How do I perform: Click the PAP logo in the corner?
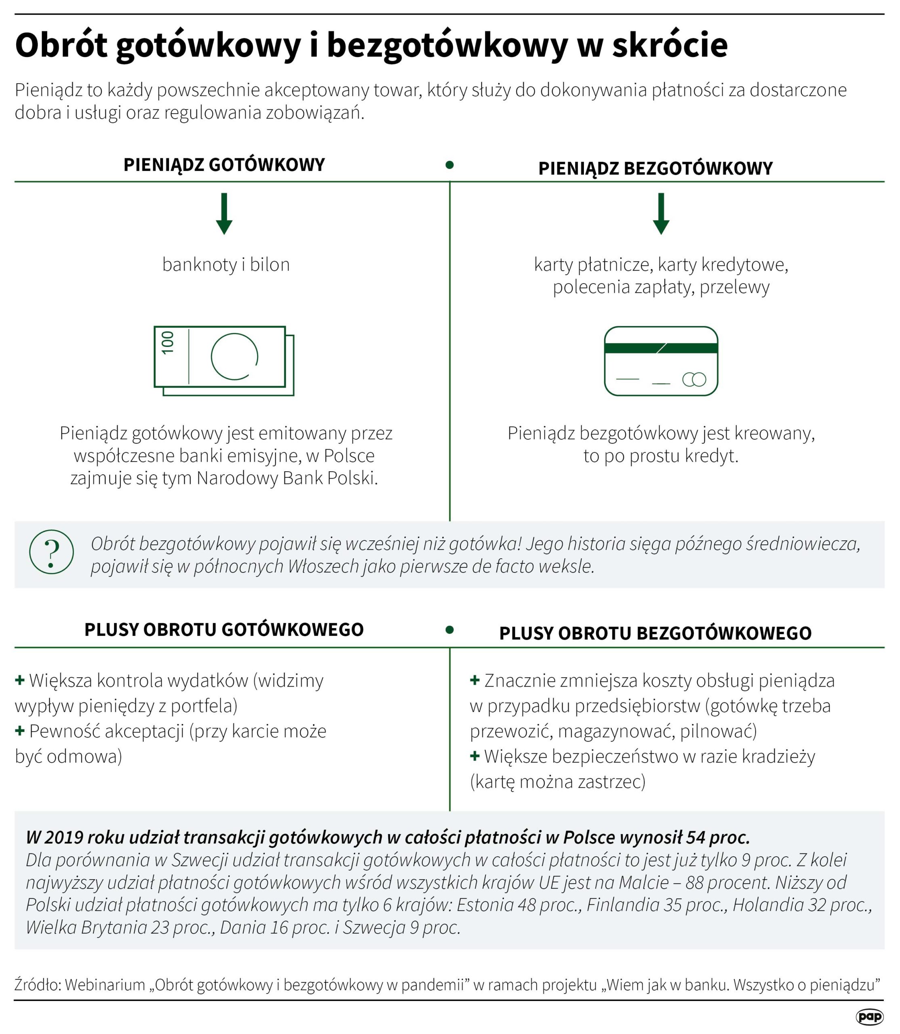coord(869,1017)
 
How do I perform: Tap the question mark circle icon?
coord(51,552)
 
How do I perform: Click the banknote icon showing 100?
coord(224,361)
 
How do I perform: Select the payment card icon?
coord(661,361)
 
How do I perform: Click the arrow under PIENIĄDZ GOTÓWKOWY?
coord(224,214)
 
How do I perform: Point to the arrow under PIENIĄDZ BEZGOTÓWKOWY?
coord(661,214)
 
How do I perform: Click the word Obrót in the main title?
coord(61,45)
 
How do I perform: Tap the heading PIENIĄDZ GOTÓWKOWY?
coord(224,165)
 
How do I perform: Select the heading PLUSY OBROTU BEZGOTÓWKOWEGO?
coord(656,633)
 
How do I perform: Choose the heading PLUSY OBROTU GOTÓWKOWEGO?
coord(224,629)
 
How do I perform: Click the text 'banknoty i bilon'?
coord(226,265)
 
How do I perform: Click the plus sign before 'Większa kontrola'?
coord(20,681)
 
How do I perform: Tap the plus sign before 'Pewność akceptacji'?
coord(20,731)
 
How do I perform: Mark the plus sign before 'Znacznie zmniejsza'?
coord(474,681)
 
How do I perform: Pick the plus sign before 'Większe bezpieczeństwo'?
coord(474,756)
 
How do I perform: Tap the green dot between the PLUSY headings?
coord(449,629)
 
